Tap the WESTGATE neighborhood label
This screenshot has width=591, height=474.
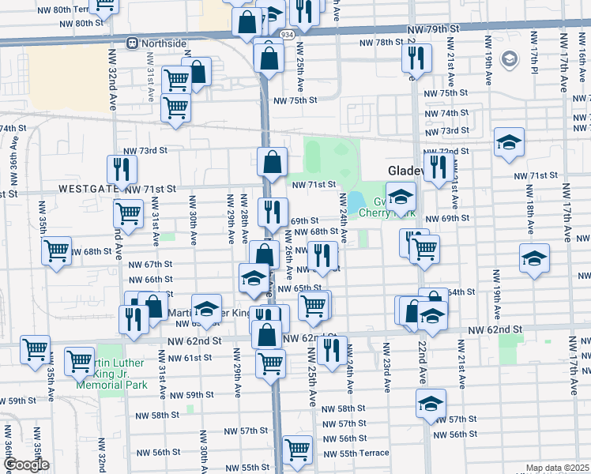point(88,190)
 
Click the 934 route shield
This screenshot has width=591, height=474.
point(287,36)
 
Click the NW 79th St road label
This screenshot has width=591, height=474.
point(433,29)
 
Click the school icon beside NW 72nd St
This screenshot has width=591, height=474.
point(509,141)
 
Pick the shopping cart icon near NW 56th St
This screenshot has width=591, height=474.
point(297,449)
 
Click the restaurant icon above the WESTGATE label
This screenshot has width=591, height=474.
point(122,168)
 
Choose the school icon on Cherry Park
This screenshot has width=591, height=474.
point(401,196)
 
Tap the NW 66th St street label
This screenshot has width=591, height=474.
point(149,279)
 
